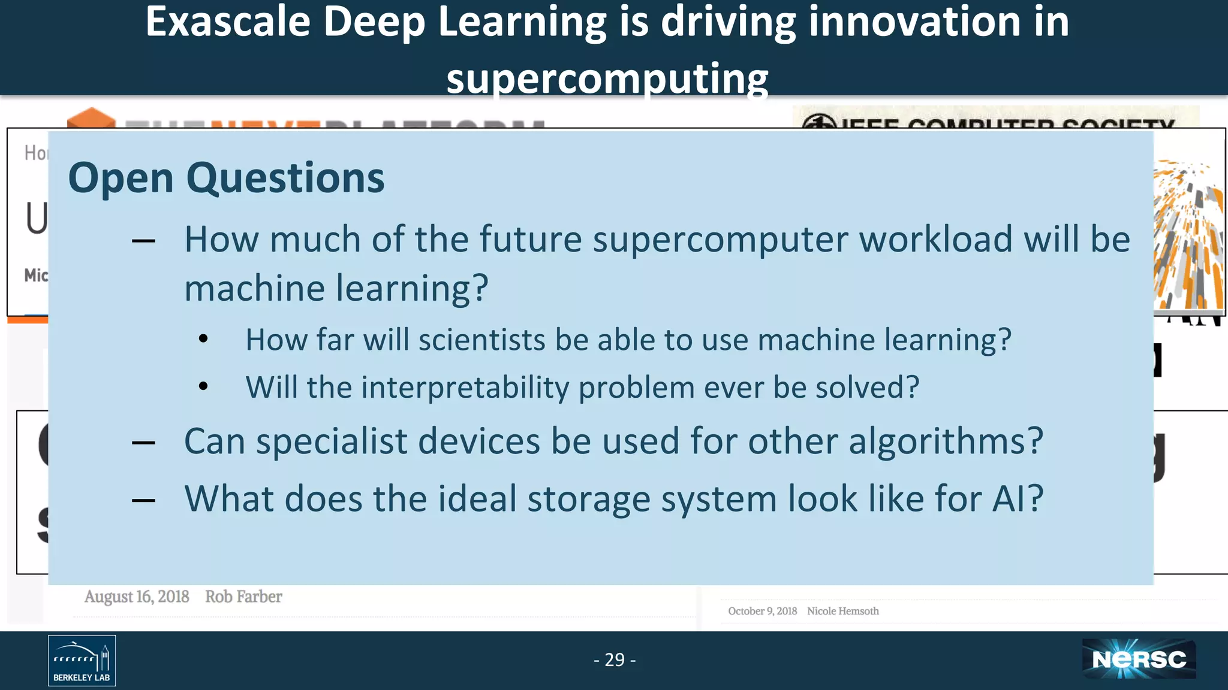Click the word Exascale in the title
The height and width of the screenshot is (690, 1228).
227,22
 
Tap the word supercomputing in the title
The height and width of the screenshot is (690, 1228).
607,78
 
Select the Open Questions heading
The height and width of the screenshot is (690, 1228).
226,178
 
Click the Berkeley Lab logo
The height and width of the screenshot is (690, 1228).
82,660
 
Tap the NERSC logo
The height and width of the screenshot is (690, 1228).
1139,659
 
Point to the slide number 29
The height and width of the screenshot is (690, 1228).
615,659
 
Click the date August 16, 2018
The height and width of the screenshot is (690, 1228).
137,597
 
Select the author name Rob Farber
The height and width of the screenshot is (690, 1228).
243,597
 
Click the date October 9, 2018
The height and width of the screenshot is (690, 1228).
762,611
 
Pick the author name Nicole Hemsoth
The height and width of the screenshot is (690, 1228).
842,611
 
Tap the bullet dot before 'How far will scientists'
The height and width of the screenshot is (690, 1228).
203,339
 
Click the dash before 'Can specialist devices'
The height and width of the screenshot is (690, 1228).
144,443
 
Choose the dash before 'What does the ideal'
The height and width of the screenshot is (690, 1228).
144,500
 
